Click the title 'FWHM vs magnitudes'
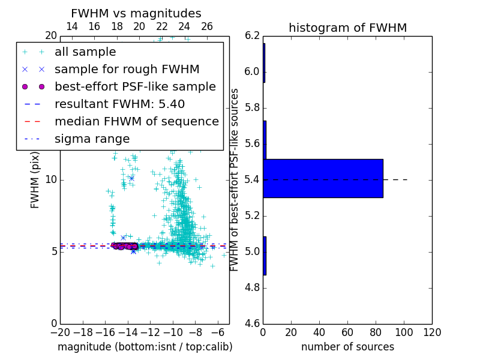(136, 14)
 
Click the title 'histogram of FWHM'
(347, 28)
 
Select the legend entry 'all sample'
(85, 52)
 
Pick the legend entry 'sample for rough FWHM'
(127, 70)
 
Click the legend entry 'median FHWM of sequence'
(136, 122)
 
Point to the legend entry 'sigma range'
(92, 139)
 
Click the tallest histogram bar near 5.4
(323, 178)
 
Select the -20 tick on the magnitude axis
(60, 332)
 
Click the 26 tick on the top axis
(207, 26)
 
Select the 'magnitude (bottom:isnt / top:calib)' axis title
(145, 347)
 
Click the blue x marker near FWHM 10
(131, 178)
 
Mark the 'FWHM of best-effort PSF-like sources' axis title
(235, 179)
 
